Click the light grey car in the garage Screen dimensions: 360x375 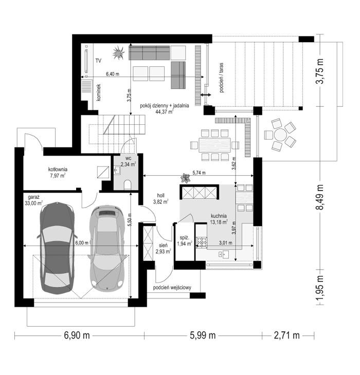click(107, 248)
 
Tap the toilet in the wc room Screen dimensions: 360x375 click(128, 184)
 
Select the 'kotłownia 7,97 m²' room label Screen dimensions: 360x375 click(58, 173)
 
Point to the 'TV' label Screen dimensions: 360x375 click(98, 61)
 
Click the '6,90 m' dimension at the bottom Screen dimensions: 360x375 click(77, 335)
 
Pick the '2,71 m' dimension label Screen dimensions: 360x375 click(286, 335)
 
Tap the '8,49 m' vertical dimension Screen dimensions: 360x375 click(319, 197)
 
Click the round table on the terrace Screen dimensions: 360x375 click(281, 136)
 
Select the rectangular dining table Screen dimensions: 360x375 click(214, 145)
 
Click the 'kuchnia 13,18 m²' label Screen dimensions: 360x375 click(219, 219)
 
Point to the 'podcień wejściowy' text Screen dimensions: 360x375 click(172, 288)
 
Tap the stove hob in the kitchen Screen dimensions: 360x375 click(201, 242)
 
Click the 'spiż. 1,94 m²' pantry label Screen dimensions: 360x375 click(185, 241)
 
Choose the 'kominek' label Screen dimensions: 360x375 click(99, 92)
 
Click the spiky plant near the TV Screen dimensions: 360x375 click(118, 52)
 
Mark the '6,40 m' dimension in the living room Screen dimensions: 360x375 click(113, 74)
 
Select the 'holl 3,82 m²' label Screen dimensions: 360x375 click(160, 198)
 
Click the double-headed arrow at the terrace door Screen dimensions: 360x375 click(206, 95)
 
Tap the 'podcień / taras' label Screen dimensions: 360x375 click(221, 78)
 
